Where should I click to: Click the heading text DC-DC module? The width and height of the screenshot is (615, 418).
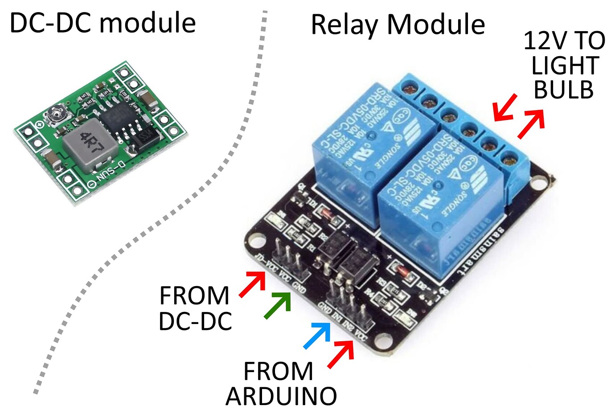102,23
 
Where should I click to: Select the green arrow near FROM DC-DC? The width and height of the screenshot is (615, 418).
277,306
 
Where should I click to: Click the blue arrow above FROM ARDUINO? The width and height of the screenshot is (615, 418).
317,335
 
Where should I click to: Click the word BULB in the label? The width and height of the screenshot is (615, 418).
563,90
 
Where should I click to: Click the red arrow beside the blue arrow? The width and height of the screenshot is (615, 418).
341,354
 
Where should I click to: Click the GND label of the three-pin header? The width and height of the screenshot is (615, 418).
299,290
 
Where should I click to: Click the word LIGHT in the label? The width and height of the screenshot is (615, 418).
564,66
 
